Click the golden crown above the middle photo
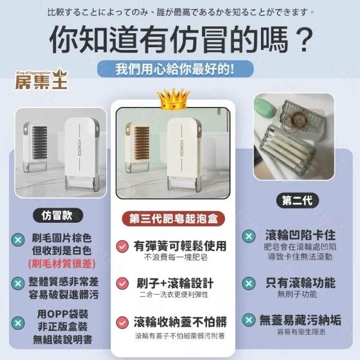click(x=173, y=99)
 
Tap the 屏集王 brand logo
click(x=41, y=79)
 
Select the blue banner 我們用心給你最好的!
click(x=175, y=69)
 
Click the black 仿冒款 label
click(x=57, y=215)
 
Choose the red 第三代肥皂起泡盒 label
click(x=173, y=219)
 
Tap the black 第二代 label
click(x=298, y=200)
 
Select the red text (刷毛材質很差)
click(x=62, y=263)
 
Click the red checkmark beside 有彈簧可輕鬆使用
click(x=122, y=246)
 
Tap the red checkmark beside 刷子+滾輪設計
click(x=122, y=283)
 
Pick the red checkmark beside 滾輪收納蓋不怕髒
click(x=122, y=322)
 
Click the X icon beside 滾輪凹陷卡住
click(x=249, y=236)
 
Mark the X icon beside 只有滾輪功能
click(x=249, y=283)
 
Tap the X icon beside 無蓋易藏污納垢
click(x=249, y=320)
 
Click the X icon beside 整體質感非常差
click(x=18, y=283)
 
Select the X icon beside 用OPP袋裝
click(x=18, y=323)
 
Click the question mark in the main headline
click(x=304, y=39)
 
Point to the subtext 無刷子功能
click(x=297, y=294)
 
